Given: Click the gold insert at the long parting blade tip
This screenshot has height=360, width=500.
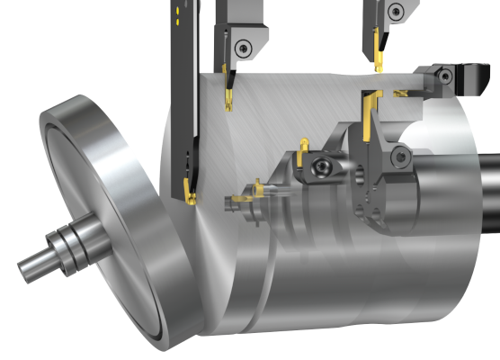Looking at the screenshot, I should coord(190,192).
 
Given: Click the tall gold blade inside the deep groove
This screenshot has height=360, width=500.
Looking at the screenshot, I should coord(365,117).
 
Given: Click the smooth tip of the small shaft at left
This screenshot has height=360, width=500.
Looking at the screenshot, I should coord(28,266).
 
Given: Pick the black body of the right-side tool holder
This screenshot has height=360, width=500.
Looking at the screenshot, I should coord(468,81).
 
